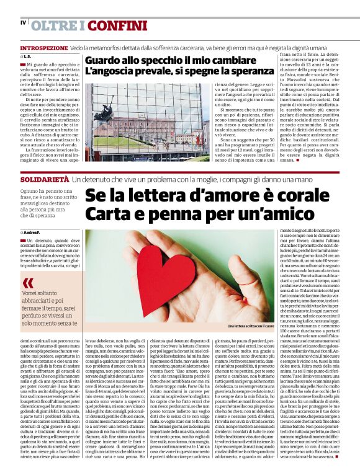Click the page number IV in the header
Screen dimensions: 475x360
pyautogui.click(x=23, y=23)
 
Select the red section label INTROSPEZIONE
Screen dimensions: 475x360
pyautogui.click(x=43, y=48)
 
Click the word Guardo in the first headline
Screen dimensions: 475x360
pyautogui.click(x=104, y=61)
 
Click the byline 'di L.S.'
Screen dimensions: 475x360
pyautogui.click(x=25, y=56)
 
